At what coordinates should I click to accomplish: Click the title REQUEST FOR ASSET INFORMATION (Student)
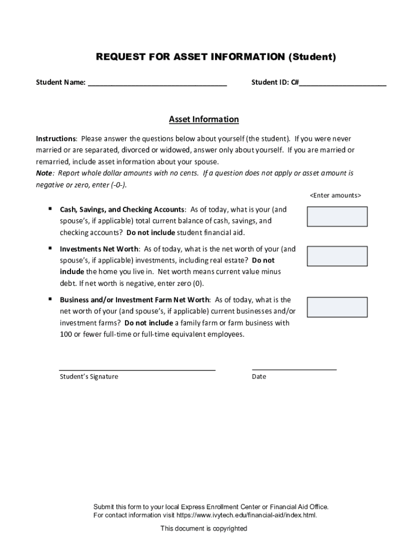pyautogui.click(x=216, y=57)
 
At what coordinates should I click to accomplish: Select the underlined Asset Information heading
pyautogui.click(x=204, y=120)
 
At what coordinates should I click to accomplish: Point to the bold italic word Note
pyautogui.click(x=44, y=173)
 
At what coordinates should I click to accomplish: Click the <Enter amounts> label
pyautogui.click(x=335, y=195)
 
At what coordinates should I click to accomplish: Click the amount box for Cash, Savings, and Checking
pyautogui.click(x=337, y=216)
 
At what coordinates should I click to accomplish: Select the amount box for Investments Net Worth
pyautogui.click(x=337, y=255)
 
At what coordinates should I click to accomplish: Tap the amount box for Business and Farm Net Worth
pyautogui.click(x=337, y=307)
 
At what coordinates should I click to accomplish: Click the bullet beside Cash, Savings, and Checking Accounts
pyautogui.click(x=49, y=209)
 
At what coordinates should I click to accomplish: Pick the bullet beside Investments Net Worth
pyautogui.click(x=49, y=248)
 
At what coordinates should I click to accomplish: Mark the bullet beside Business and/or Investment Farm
pyautogui.click(x=49, y=299)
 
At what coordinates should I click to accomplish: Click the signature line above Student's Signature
pyautogui.click(x=137, y=369)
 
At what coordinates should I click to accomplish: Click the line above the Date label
pyautogui.click(x=294, y=369)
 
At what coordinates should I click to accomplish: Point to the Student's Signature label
pyautogui.click(x=88, y=377)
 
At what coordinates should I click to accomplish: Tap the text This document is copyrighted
pyautogui.click(x=204, y=528)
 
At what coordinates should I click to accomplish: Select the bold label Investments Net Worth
pyautogui.click(x=99, y=249)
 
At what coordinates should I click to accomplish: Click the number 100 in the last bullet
pyautogui.click(x=66, y=335)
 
